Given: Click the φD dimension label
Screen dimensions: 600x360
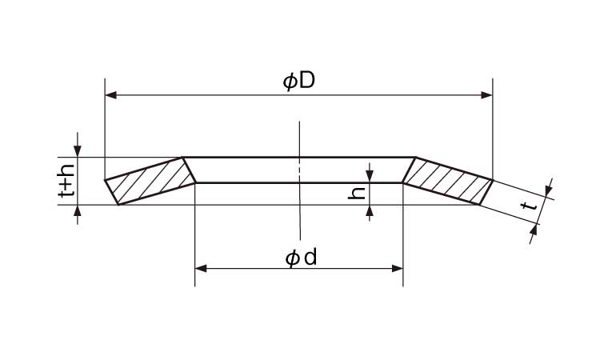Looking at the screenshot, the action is (x=299, y=82).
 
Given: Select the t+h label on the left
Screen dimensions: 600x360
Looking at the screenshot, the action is (x=66, y=181).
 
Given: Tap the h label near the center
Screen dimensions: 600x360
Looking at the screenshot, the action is (x=356, y=193).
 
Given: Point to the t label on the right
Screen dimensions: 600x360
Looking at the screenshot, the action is (x=529, y=206).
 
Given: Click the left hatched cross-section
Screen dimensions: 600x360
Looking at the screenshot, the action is (x=150, y=181).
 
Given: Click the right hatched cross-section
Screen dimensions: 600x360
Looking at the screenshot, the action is (x=447, y=181).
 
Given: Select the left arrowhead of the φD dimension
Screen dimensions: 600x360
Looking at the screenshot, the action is (x=110, y=95).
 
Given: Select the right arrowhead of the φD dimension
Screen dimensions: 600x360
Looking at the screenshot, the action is (x=486, y=95).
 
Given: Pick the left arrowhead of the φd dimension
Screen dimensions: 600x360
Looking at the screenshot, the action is (x=201, y=268).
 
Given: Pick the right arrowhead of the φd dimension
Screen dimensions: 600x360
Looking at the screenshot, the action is (x=398, y=268).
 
